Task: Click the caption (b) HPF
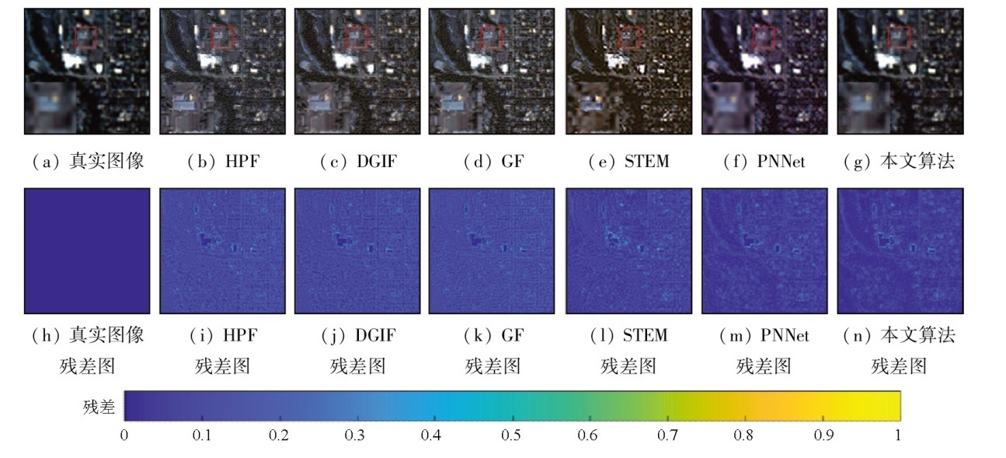point(221,162)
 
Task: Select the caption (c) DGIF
point(357,162)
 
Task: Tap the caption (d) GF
point(493,162)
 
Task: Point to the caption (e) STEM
point(628,162)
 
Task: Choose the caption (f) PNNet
point(763,162)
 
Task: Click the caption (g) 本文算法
point(899,162)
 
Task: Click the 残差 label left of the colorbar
point(99,406)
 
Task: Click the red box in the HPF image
point(222,37)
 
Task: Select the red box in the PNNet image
point(763,37)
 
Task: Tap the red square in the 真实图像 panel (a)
point(86,37)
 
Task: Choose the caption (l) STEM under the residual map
point(628,335)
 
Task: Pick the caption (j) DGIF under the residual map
point(357,335)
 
